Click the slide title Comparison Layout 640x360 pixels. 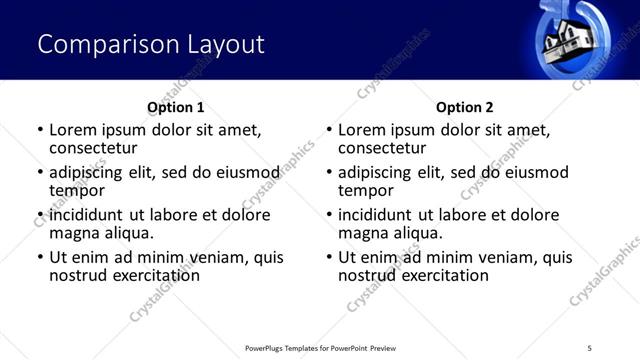click(151, 44)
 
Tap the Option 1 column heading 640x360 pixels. click(175, 107)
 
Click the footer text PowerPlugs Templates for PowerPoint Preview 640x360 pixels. click(320, 347)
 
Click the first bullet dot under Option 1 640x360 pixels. click(40, 130)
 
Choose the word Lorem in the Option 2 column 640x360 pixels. click(361, 130)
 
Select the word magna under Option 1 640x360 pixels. click(73, 233)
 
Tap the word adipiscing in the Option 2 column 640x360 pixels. click(374, 172)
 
